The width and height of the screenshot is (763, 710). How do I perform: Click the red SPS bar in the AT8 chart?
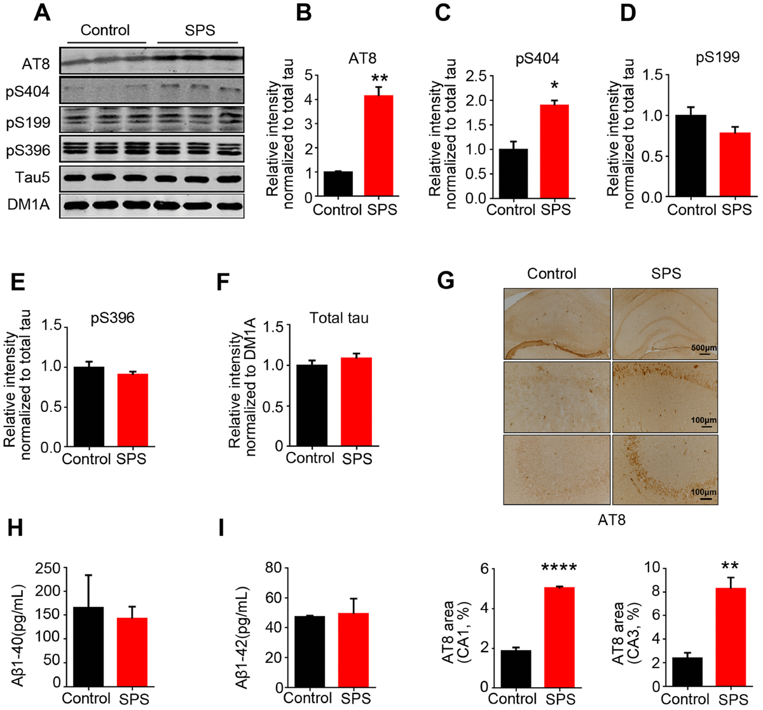[x=378, y=146]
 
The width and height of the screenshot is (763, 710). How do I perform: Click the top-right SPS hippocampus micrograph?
[x=664, y=323]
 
